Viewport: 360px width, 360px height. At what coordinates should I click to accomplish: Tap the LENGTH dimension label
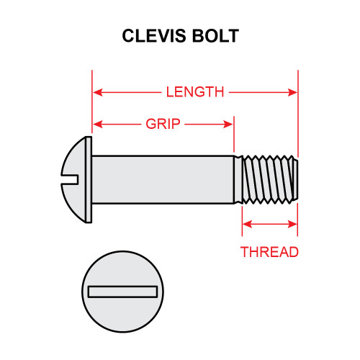(x=194, y=92)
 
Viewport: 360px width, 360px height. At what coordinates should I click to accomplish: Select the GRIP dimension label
(x=163, y=124)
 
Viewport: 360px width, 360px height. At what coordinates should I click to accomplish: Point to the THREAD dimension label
(x=269, y=252)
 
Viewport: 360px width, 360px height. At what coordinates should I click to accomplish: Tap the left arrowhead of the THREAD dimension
(x=246, y=226)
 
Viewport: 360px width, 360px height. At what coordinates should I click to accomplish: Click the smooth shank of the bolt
(x=162, y=179)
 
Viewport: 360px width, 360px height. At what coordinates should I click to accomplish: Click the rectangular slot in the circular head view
(x=123, y=291)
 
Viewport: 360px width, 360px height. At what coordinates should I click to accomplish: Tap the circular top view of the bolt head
(x=123, y=310)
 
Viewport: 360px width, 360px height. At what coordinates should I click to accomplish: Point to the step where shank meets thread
(x=235, y=179)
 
